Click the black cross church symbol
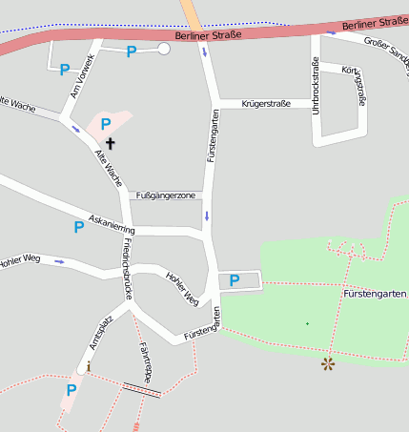(x=111, y=144)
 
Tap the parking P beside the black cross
(x=106, y=124)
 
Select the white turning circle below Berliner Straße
(x=164, y=49)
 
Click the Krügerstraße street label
(x=266, y=101)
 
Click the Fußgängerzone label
(x=166, y=195)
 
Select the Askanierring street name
(x=112, y=224)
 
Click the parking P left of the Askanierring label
(x=79, y=227)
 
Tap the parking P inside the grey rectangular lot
(x=234, y=280)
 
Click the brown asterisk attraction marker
(x=328, y=363)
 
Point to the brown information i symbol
(x=89, y=365)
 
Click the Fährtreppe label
(x=145, y=360)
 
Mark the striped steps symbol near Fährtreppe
(x=142, y=389)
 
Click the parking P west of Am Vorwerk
(x=64, y=69)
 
